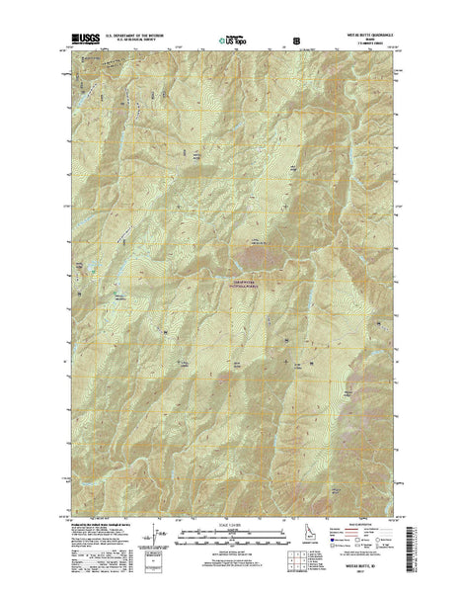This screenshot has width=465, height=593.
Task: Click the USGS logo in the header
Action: click(86, 40)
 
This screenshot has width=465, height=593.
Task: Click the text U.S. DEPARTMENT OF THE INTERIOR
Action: click(137, 38)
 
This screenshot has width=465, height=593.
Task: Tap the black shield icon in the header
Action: click(297, 41)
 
